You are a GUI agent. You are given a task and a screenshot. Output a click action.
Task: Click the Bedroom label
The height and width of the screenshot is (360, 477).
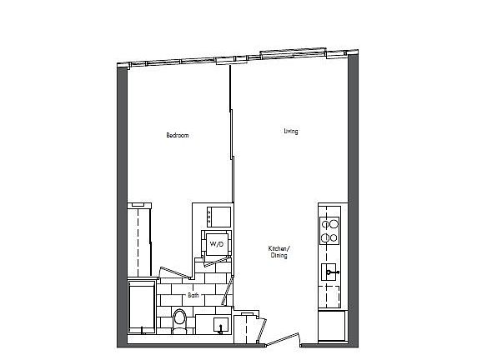pos(177,135)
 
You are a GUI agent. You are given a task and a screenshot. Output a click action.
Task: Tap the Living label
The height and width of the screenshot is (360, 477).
pos(290,131)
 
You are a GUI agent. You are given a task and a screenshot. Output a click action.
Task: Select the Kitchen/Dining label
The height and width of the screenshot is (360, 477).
pos(279,252)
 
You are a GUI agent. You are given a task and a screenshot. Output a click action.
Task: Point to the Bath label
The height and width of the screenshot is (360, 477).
pos(193,295)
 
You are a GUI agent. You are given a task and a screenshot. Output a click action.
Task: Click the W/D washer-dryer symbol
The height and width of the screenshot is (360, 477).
pos(216,244)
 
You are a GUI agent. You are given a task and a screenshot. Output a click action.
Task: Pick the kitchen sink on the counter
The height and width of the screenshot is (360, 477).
pos(331,272)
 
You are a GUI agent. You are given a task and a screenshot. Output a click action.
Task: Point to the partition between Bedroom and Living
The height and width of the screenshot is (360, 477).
pos(229,142)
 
